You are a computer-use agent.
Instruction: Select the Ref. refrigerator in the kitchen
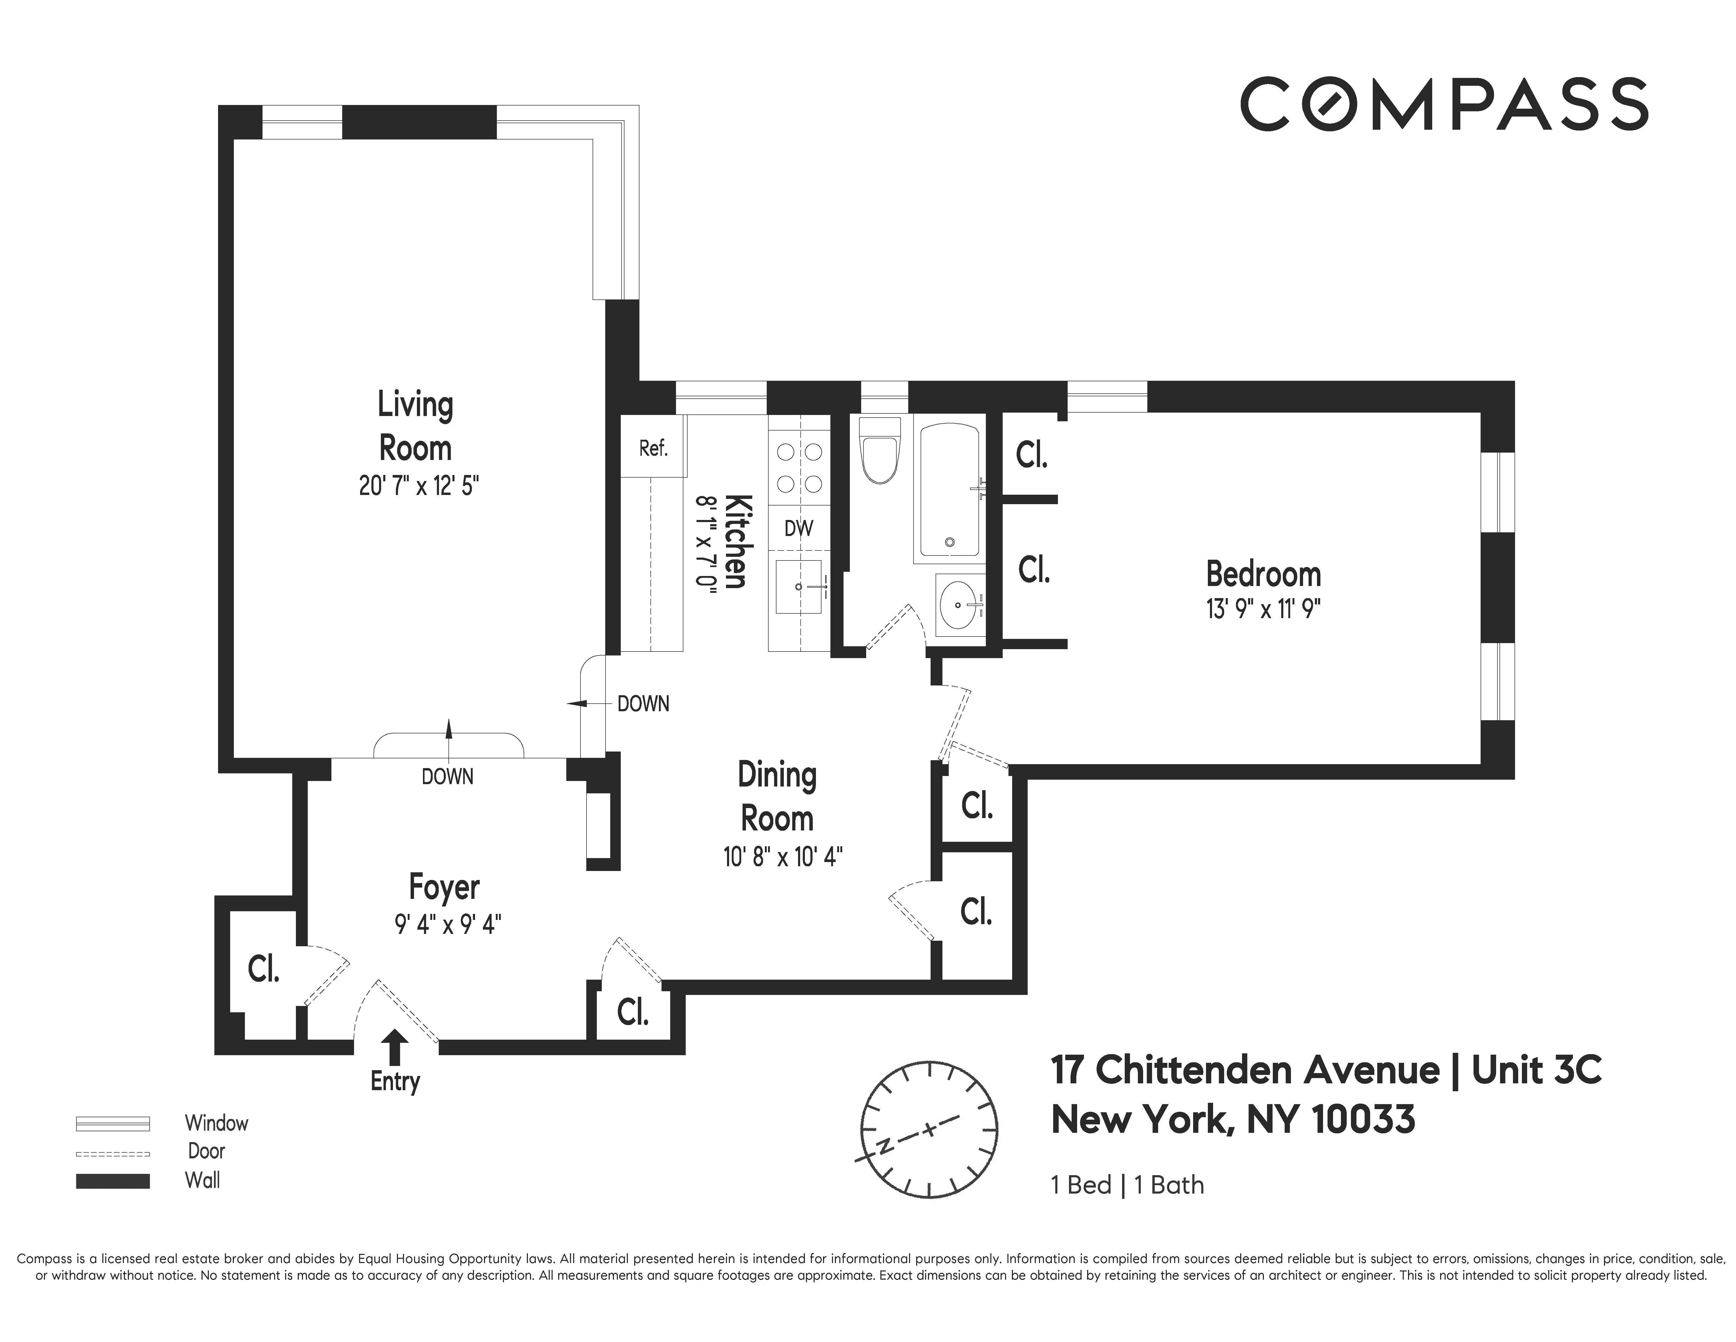tap(653, 448)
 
